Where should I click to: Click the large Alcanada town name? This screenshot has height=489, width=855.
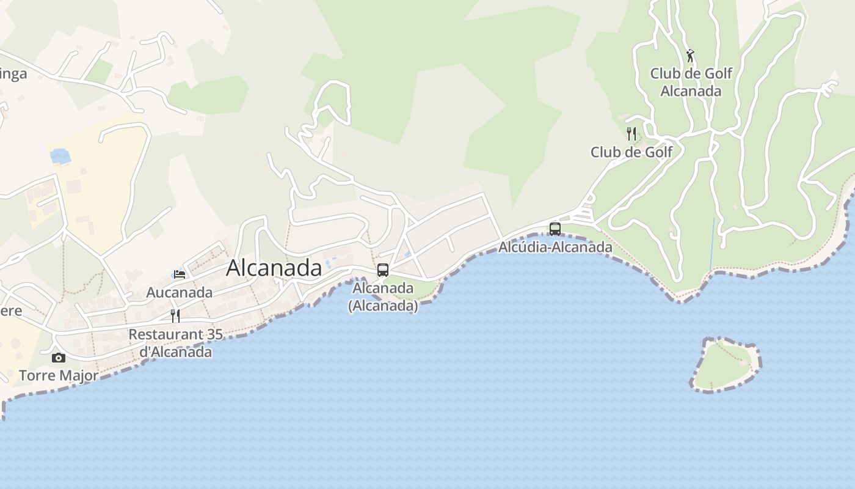click(274, 268)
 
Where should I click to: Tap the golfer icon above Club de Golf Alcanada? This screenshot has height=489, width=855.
click(690, 56)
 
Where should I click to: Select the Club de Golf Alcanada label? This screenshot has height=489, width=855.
click(691, 82)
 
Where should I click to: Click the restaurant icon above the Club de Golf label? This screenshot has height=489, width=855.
click(631, 133)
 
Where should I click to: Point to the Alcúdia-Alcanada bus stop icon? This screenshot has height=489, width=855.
click(555, 229)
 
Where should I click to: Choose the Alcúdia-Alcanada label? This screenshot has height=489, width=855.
click(555, 247)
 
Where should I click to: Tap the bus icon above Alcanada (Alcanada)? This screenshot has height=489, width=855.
click(383, 270)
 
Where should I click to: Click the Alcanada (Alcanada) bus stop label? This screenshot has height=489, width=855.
click(383, 296)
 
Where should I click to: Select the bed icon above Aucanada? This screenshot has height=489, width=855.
click(179, 274)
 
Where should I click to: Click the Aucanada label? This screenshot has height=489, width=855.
click(180, 292)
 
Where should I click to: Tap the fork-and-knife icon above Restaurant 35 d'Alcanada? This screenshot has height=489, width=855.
click(175, 316)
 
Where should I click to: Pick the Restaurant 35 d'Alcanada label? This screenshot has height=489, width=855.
click(175, 343)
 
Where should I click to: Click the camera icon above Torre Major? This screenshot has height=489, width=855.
click(59, 358)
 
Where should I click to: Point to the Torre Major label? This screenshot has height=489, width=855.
click(59, 375)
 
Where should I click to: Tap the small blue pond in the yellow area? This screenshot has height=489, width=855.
click(60, 156)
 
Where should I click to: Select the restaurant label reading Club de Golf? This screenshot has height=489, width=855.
click(631, 152)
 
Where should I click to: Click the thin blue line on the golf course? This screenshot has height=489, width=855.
click(712, 244)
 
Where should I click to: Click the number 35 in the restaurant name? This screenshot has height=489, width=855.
click(214, 334)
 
